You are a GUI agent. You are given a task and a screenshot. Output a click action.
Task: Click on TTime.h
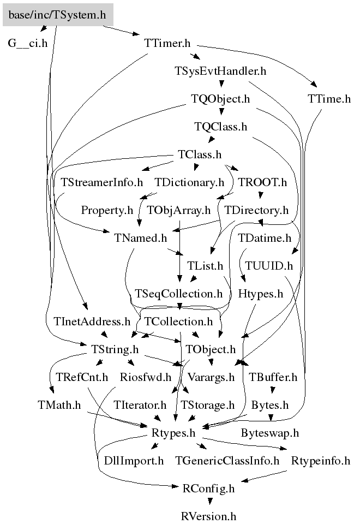pos(328,99)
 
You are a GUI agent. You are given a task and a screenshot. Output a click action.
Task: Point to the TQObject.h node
pos(220,99)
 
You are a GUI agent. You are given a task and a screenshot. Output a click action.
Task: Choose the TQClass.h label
pos(220,127)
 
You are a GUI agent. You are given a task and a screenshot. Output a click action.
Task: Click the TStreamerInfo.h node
pos(101,182)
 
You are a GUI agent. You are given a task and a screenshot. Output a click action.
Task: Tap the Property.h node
pos(107,210)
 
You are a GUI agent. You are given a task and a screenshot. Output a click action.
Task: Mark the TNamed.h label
pos(141,238)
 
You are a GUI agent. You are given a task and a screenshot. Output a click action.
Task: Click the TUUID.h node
pos(269,266)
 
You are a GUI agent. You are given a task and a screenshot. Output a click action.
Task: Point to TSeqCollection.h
pos(179,294)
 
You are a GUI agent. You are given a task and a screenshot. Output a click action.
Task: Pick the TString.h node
pos(113,349)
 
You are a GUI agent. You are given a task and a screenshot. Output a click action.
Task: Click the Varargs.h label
pos(211,377)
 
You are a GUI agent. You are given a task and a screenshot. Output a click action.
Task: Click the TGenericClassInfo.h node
pos(227,461)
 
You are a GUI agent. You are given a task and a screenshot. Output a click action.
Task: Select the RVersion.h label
pos(209,516)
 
